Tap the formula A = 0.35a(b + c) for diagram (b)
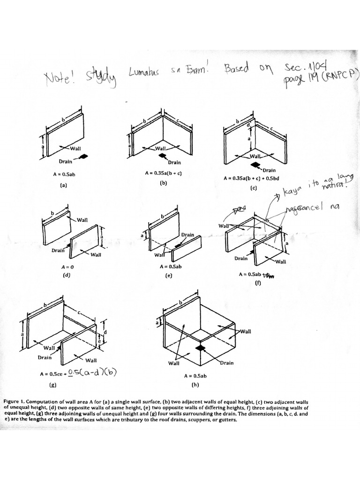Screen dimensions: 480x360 (x=163, y=173)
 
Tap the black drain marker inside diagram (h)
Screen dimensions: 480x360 (x=201, y=348)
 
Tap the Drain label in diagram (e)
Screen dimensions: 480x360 (x=187, y=234)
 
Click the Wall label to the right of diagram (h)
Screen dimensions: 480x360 (x=246, y=331)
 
